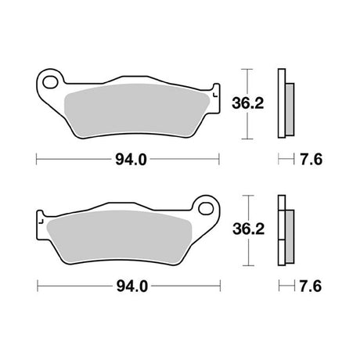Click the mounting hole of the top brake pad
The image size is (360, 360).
50,82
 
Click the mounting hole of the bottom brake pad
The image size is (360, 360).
206,208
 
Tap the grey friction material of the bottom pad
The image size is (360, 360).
120,236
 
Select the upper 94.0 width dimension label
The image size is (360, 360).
131,160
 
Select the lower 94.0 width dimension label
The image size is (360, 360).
132,286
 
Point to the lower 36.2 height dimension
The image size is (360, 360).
248,229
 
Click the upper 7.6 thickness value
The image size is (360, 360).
311,160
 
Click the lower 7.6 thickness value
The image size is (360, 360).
311,286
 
